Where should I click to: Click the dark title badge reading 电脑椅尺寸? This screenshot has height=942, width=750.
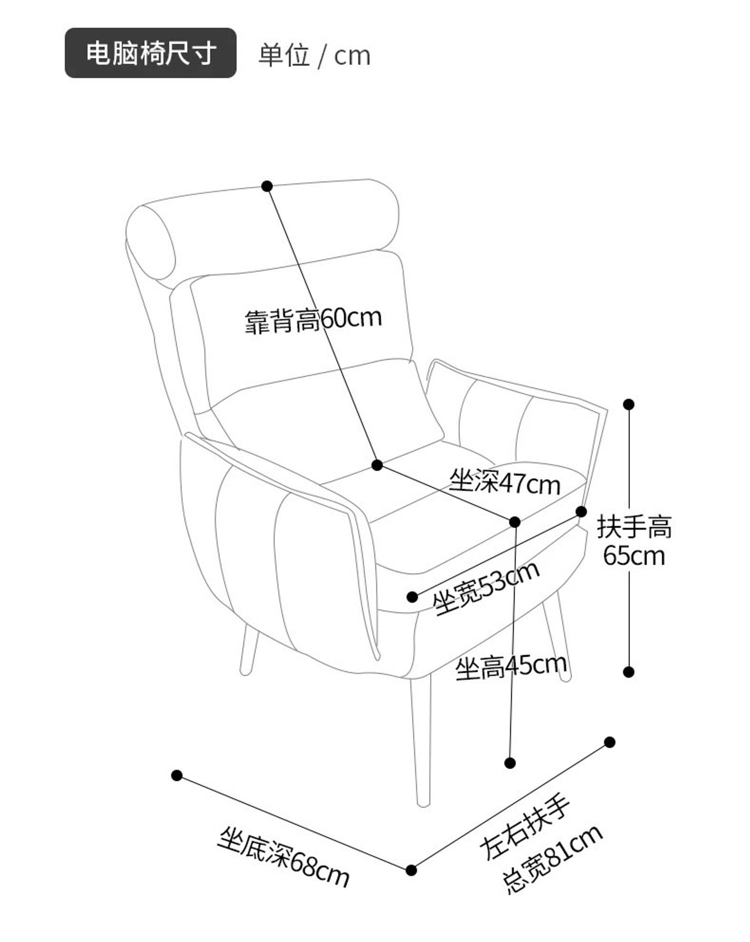(x=150, y=53)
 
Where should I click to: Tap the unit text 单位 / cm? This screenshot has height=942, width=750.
(x=314, y=55)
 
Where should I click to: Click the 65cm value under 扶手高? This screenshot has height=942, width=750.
(x=634, y=556)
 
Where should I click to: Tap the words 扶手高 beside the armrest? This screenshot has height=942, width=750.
(x=634, y=527)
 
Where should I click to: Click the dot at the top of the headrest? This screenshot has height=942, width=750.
(x=267, y=186)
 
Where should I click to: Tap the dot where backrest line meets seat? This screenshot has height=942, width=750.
(x=377, y=465)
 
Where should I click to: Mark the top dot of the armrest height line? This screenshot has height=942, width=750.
(x=629, y=404)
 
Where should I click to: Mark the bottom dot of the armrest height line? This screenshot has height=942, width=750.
(x=629, y=672)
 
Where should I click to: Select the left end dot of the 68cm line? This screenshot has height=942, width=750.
(x=176, y=776)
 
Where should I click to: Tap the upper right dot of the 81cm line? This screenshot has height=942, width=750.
(x=609, y=742)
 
